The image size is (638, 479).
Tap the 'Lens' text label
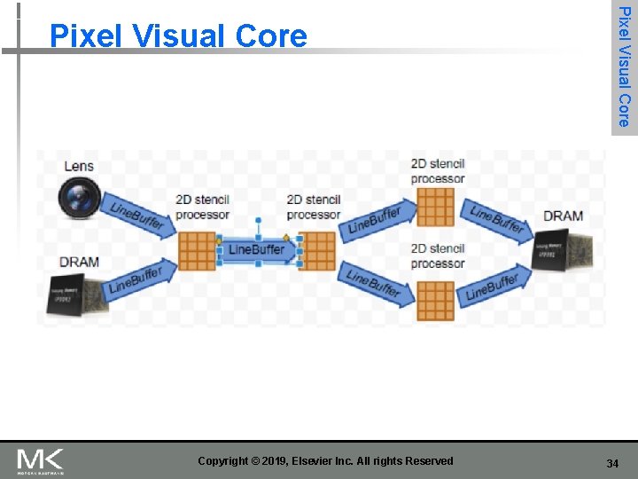tap(79, 166)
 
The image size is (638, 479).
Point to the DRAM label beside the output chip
tap(563, 216)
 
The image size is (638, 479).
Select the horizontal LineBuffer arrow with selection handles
tap(258, 250)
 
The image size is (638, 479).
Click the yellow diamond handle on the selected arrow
tap(286, 238)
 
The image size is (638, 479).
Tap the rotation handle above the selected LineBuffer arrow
tap(258, 219)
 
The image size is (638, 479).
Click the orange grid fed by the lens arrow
tap(198, 251)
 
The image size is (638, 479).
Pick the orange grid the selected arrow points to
tap(316, 251)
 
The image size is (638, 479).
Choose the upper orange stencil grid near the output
tap(435, 208)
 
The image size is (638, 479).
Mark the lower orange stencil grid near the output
tap(435, 300)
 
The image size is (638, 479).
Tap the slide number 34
tap(612, 464)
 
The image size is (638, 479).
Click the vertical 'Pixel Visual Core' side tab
tap(624, 67)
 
